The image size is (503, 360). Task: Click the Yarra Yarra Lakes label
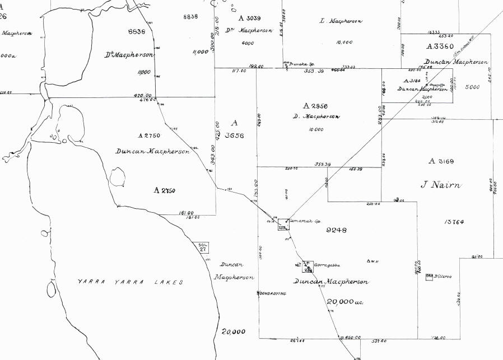coord(130,282)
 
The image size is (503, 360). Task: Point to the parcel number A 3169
coord(441,161)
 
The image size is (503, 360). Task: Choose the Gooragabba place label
coord(328,265)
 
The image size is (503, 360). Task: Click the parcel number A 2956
coord(315,106)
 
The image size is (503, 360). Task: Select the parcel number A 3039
coord(250,18)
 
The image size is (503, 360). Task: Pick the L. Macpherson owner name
coord(341,21)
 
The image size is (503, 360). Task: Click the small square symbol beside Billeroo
coord(430,276)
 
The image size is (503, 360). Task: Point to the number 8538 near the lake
coord(136,32)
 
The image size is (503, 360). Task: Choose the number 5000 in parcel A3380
coord(472,87)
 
